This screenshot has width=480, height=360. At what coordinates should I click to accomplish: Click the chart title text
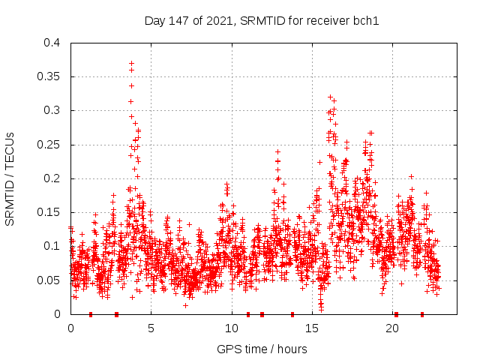point(262,20)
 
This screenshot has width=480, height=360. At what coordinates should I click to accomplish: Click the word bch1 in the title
point(367,20)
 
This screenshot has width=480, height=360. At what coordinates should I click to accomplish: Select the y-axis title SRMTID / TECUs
point(10,178)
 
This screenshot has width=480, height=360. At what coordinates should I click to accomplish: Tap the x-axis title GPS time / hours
point(262,349)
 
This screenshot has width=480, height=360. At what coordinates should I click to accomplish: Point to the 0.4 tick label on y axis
point(52,43)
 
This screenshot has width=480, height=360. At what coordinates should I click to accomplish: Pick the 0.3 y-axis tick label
point(52,110)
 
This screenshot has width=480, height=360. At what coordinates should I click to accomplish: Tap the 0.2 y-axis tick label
point(52,178)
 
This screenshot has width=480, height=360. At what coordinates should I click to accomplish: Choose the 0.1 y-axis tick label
point(52,246)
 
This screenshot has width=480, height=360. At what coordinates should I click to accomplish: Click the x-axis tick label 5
point(151,328)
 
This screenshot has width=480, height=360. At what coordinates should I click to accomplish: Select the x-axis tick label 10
point(231,328)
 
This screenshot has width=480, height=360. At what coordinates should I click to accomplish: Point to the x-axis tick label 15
point(312,328)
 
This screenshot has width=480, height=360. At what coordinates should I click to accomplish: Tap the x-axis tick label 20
point(392,328)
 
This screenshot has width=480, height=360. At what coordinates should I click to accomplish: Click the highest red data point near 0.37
point(131,64)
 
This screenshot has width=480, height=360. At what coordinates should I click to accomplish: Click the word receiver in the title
point(327,20)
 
